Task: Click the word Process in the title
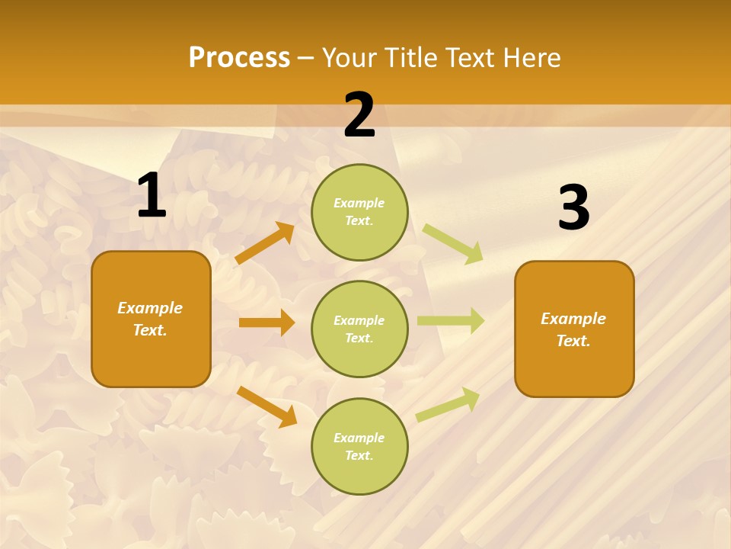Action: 239,58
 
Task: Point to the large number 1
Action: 152,196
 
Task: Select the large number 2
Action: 359,115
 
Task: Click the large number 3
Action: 573,208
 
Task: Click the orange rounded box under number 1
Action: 151,319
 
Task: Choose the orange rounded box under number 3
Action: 574,329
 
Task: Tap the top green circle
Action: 359,212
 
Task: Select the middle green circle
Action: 359,329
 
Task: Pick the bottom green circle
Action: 359,446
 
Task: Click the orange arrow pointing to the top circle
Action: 264,243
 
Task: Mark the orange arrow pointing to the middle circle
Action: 267,323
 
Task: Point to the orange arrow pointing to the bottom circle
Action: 267,406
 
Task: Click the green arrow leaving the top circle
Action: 452,242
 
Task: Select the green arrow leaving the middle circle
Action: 451,320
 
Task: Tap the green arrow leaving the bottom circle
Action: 448,404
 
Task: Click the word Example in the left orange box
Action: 150,308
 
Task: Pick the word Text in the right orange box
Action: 572,341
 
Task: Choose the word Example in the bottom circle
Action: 359,438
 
